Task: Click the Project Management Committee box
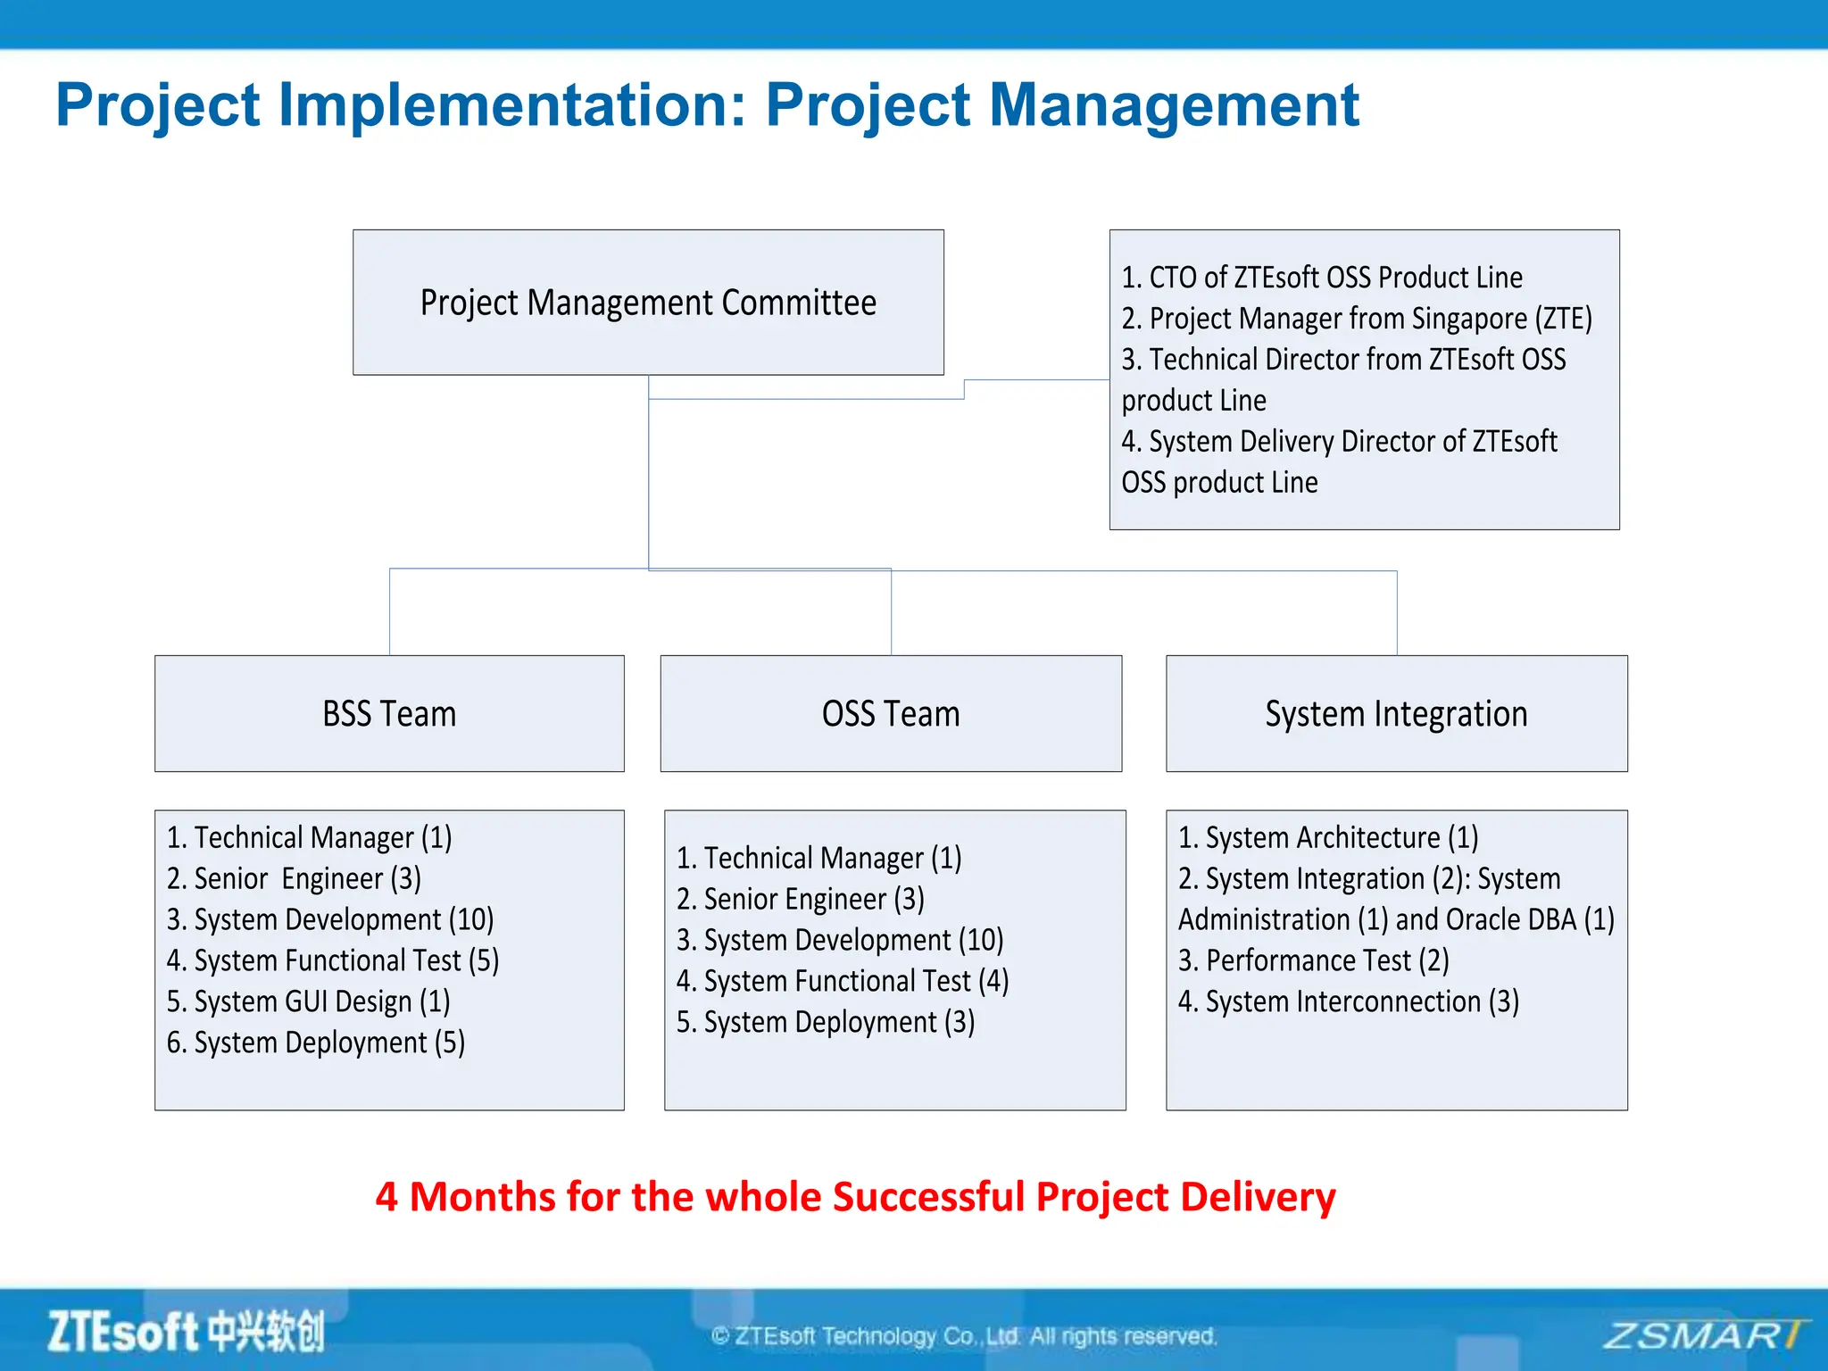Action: [x=648, y=303]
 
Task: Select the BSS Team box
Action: [x=389, y=714]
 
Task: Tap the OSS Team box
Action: [x=891, y=714]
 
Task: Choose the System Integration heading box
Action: [x=1396, y=714]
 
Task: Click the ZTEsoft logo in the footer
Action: [x=186, y=1332]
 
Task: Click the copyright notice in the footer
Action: [x=964, y=1336]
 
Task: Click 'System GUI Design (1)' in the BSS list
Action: [x=309, y=1001]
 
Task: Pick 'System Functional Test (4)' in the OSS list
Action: [x=843, y=981]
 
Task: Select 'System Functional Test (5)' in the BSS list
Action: [x=333, y=960]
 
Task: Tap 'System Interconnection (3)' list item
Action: [x=1349, y=1001]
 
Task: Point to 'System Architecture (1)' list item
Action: [x=1328, y=837]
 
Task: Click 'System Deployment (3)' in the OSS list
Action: [x=826, y=1022]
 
